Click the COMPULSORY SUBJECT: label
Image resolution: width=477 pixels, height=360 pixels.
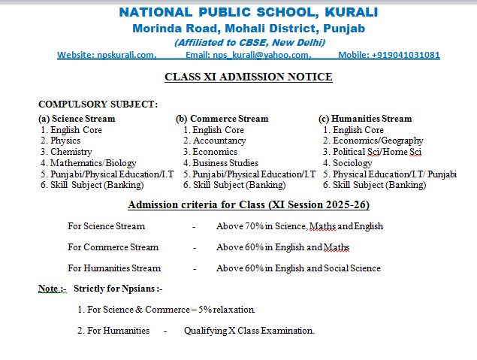[x=98, y=104]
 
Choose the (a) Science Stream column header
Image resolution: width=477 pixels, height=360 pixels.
[x=77, y=119]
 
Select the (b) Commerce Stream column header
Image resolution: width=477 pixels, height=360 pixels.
[x=222, y=119]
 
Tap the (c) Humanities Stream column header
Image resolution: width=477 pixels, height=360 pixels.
[x=365, y=119]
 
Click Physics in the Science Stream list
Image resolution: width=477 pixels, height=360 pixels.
[x=65, y=141]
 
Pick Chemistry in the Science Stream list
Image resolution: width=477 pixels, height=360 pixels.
[x=71, y=152]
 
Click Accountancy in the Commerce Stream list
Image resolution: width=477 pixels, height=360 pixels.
[x=219, y=141]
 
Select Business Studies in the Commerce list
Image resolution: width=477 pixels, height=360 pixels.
[x=225, y=163]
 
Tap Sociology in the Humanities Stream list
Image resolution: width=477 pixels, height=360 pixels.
[x=352, y=163]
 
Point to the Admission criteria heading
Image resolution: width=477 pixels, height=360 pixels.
[x=249, y=205]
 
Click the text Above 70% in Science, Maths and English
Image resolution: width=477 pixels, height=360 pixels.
[x=299, y=226]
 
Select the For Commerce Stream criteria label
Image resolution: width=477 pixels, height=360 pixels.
[x=113, y=247]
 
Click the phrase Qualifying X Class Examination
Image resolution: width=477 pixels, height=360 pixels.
[x=249, y=331]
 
